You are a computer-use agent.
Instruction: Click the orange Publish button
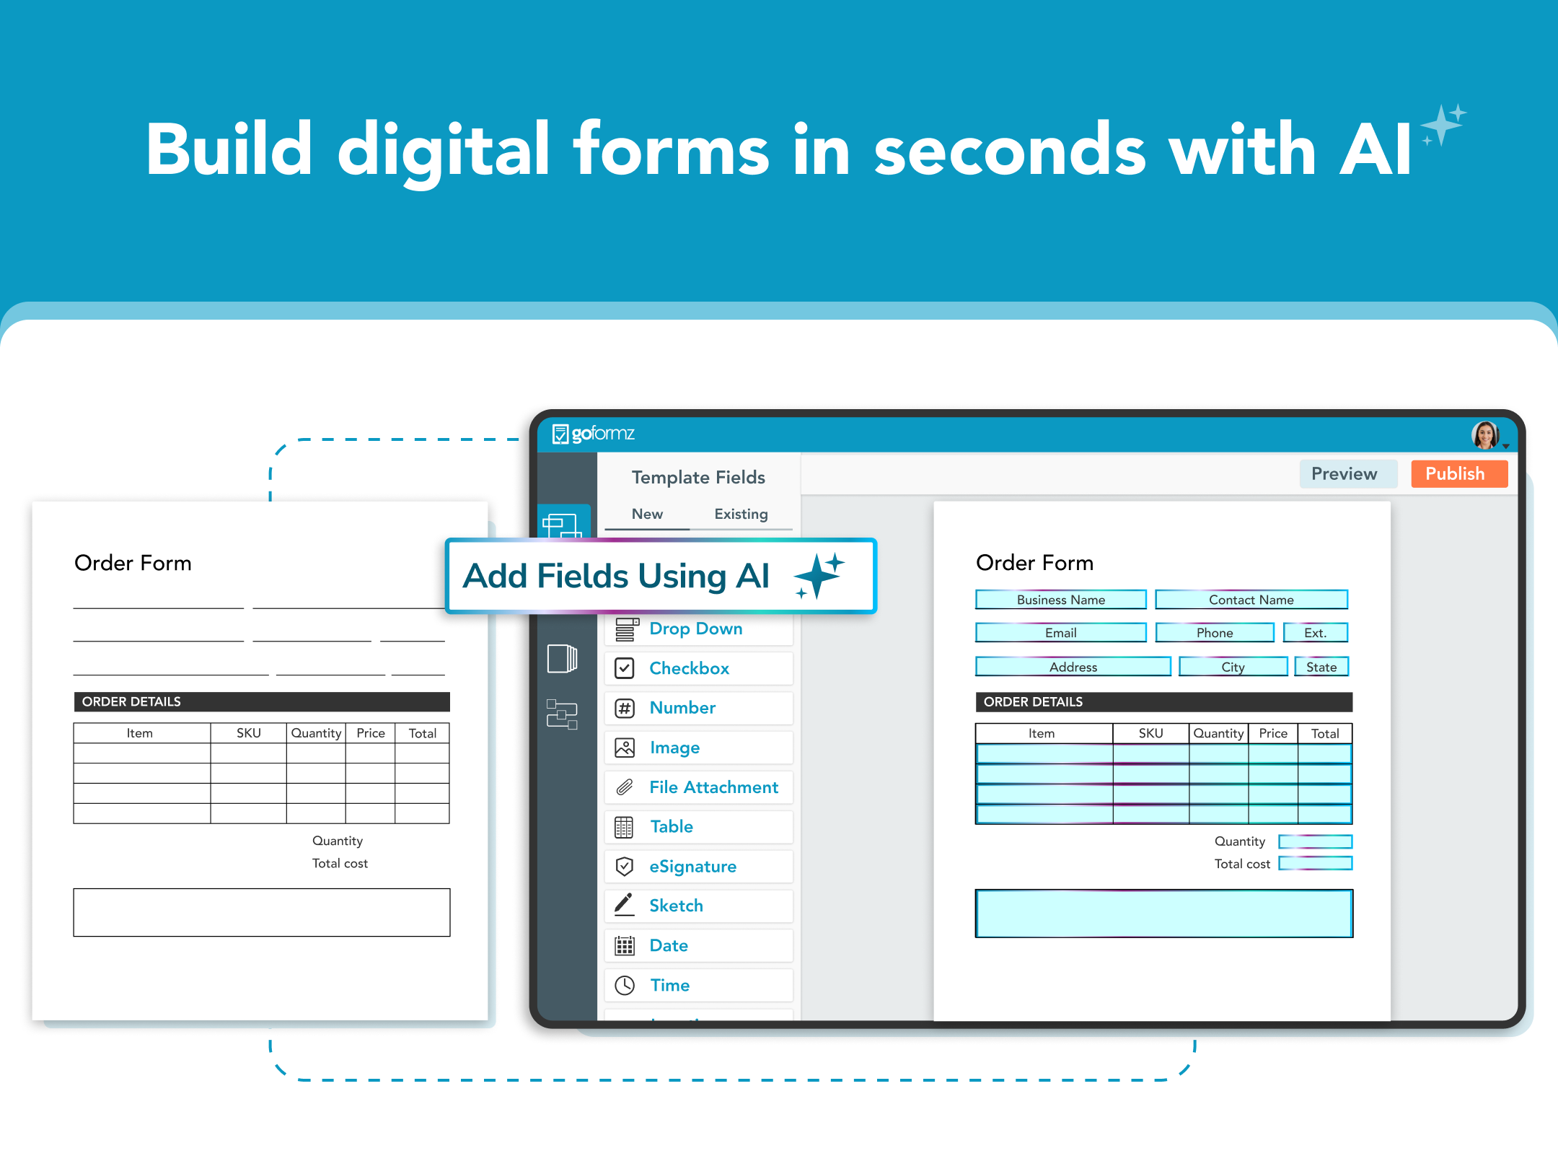point(1459,474)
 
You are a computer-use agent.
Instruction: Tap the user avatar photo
point(1485,435)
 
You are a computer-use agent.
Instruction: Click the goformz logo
point(593,434)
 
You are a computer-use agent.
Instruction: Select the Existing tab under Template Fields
point(741,514)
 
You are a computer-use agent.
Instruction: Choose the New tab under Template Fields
point(647,514)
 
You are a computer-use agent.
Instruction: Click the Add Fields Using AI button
point(661,576)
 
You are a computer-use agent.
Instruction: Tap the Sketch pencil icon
point(624,905)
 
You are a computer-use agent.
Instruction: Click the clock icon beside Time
point(625,985)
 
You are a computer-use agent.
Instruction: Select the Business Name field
point(1060,600)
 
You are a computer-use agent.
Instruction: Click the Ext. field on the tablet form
point(1315,633)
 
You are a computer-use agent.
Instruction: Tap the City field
point(1233,667)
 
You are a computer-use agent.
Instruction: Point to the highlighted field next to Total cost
point(1315,863)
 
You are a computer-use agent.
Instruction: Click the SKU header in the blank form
point(249,733)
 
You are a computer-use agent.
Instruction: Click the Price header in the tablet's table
point(1273,733)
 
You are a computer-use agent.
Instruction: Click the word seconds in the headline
point(1010,149)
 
